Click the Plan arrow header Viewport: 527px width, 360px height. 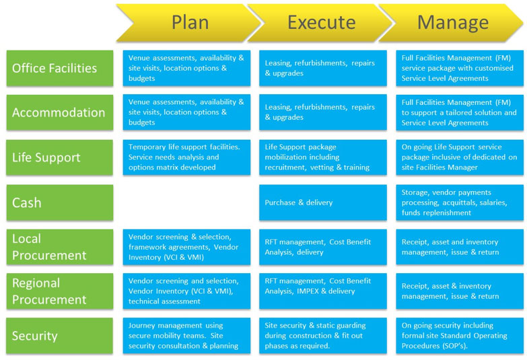pyautogui.click(x=190, y=22)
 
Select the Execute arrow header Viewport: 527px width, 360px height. pyautogui.click(x=321, y=22)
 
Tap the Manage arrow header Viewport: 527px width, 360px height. pyautogui.click(x=452, y=22)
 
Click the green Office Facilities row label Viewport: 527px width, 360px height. pyautogui.click(x=60, y=68)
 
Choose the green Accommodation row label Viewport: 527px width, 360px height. pyautogui.click(x=60, y=112)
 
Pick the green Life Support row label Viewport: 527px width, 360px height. pyautogui.click(x=60, y=157)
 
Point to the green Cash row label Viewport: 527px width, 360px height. pyautogui.click(x=60, y=203)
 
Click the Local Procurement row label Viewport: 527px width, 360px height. pyautogui.click(x=60, y=247)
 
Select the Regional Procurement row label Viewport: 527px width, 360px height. pyautogui.click(x=60, y=291)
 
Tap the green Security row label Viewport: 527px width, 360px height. pyautogui.click(x=60, y=336)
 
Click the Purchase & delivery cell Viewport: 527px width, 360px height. pyautogui.click(x=323, y=203)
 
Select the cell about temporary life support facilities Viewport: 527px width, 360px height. pyautogui.click(x=186, y=157)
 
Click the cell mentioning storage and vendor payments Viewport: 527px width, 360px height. pyautogui.click(x=460, y=203)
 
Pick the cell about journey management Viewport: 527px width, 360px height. pyautogui.click(x=186, y=336)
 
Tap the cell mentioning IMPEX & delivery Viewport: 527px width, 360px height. pyautogui.click(x=323, y=291)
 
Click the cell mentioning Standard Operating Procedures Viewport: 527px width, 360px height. pyautogui.click(x=460, y=336)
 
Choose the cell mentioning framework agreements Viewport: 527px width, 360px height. pyautogui.click(x=186, y=247)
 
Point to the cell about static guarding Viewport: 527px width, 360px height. pyautogui.click(x=323, y=336)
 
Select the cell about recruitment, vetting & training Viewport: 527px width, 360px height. pyautogui.click(x=323, y=157)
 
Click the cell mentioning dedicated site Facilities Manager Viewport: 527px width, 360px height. pyautogui.click(x=460, y=157)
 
